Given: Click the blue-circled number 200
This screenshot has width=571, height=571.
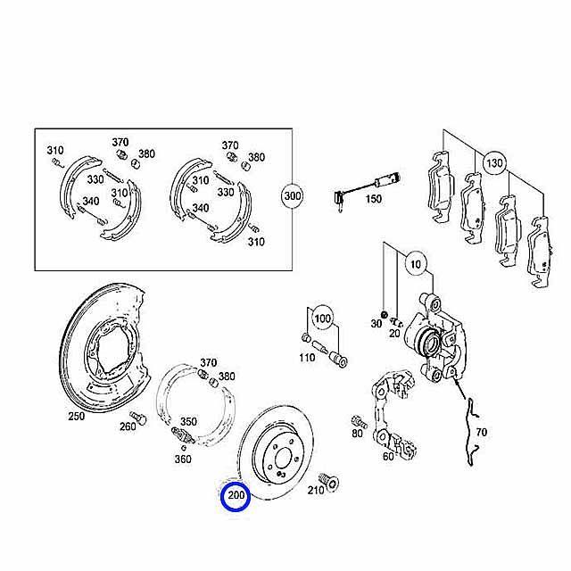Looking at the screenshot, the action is point(236,496).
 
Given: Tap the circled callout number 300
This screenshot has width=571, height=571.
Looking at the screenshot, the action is point(293,196).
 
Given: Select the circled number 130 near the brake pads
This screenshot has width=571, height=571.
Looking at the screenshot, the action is point(494,162).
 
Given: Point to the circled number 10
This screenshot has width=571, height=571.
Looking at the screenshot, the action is point(416,264).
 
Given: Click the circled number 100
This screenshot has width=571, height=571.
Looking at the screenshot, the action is point(323,319).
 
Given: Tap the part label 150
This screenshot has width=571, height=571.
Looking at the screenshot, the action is point(373,199).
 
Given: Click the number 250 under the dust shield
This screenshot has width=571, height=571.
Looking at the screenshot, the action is point(77,417).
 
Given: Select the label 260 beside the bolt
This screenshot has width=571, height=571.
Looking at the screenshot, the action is point(128,426).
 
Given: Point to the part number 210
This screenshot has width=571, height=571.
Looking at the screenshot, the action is point(315,490).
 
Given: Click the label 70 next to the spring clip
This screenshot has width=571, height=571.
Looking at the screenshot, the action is point(481,432).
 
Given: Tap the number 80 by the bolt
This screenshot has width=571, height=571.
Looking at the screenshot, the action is point(357,434).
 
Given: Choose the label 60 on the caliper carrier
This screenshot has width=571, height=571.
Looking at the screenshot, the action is point(388,456).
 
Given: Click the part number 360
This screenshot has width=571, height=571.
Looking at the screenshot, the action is point(183,459).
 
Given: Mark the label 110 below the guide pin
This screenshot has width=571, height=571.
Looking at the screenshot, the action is point(307,358).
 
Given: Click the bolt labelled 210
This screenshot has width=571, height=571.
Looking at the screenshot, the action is point(329,482).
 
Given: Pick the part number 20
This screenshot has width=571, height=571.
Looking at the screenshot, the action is point(394,333).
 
